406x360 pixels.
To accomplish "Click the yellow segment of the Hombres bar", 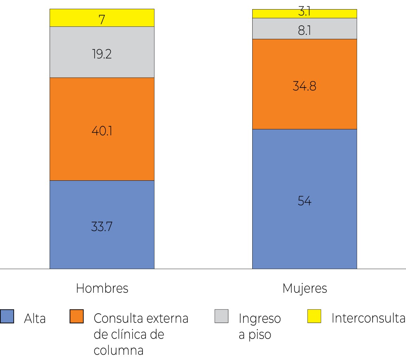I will click(x=70, y=18).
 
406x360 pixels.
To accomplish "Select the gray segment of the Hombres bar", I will click(x=70, y=52).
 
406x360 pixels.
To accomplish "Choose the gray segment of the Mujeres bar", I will click(x=274, y=28).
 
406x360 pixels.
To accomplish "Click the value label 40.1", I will click(x=102, y=131).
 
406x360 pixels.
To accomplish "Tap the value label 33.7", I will click(x=102, y=226).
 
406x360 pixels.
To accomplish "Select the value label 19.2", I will click(x=102, y=54).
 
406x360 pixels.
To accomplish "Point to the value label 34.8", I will click(x=304, y=86).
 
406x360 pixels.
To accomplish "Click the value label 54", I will click(x=304, y=201).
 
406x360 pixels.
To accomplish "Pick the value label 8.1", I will click(x=304, y=31).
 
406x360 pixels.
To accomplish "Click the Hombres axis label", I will click(x=102, y=288).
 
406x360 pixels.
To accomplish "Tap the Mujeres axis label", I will click(x=305, y=289).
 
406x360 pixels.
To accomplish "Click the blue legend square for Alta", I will click(x=7, y=316).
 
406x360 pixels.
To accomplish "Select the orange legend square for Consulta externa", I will click(x=77, y=316).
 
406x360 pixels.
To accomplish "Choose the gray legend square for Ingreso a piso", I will click(x=221, y=316).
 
